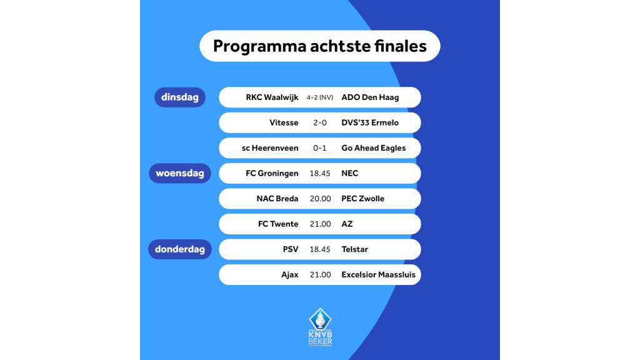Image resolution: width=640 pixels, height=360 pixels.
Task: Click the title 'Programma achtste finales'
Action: pyautogui.click(x=319, y=46)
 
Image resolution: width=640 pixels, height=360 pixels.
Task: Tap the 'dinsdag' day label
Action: pyautogui.click(x=180, y=97)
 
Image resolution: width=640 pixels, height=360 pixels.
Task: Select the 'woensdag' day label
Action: pyautogui.click(x=180, y=173)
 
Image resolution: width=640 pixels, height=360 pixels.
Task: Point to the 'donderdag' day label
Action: pyautogui.click(x=180, y=249)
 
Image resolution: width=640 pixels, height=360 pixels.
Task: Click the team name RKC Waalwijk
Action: pyautogui.click(x=272, y=97)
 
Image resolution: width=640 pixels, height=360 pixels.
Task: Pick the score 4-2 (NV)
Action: pyautogui.click(x=320, y=97)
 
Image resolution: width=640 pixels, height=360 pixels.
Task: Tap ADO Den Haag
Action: pyautogui.click(x=370, y=97)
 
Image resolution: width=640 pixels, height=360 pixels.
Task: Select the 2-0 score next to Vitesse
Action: pyautogui.click(x=320, y=122)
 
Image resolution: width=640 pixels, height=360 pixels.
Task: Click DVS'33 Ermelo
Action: pyautogui.click(x=370, y=122)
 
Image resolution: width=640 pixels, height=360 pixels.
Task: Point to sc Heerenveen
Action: pyautogui.click(x=270, y=148)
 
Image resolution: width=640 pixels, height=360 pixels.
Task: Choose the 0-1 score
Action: pyautogui.click(x=320, y=148)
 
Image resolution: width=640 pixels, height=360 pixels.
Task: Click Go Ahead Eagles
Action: pyautogui.click(x=373, y=148)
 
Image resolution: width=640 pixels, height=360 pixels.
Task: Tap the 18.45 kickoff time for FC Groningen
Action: pyautogui.click(x=320, y=173)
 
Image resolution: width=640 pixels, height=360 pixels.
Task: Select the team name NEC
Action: pyautogui.click(x=350, y=173)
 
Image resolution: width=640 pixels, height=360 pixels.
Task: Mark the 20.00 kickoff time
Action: pyautogui.click(x=320, y=199)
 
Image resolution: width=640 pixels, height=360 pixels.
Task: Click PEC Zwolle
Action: pyautogui.click(x=362, y=199)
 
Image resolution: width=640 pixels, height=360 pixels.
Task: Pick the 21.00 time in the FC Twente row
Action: pyautogui.click(x=320, y=224)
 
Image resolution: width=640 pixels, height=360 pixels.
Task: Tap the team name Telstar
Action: pyautogui.click(x=354, y=249)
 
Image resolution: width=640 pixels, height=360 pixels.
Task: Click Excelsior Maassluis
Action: pyautogui.click(x=378, y=274)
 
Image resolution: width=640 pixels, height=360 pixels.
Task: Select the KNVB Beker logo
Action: pyautogui.click(x=321, y=327)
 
